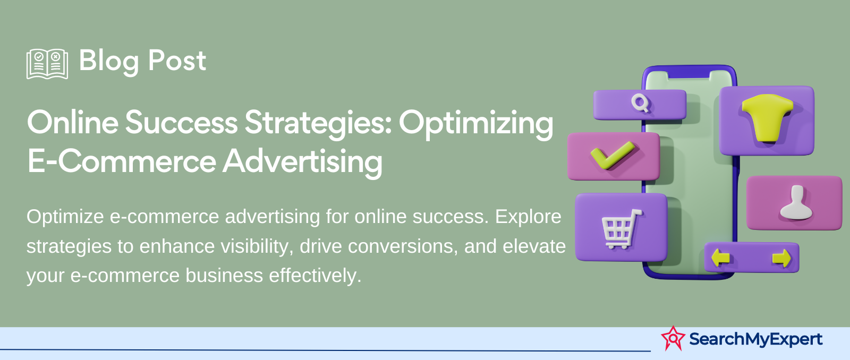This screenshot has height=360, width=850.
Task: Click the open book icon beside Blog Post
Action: pyautogui.click(x=47, y=64)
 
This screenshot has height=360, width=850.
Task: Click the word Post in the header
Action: pyautogui.click(x=177, y=61)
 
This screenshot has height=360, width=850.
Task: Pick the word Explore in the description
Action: pyautogui.click(x=528, y=217)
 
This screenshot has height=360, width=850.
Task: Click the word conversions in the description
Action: pyautogui.click(x=403, y=246)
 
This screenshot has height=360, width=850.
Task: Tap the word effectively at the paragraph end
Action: pyautogui.click(x=315, y=276)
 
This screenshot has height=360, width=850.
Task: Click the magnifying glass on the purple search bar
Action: pyautogui.click(x=641, y=103)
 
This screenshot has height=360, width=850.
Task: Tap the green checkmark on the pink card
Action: pyautogui.click(x=613, y=155)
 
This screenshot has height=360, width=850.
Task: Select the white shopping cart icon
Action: pyautogui.click(x=621, y=229)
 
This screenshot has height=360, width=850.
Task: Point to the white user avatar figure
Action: pyautogui.click(x=796, y=203)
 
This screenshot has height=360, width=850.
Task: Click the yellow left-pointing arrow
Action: pyautogui.click(x=720, y=258)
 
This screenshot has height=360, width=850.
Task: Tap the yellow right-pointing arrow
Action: pyautogui.click(x=781, y=258)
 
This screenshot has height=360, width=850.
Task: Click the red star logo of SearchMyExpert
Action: pyautogui.click(x=673, y=338)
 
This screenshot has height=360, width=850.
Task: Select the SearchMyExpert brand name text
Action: pyautogui.click(x=755, y=339)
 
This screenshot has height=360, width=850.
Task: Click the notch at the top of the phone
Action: pyautogui.click(x=688, y=75)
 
